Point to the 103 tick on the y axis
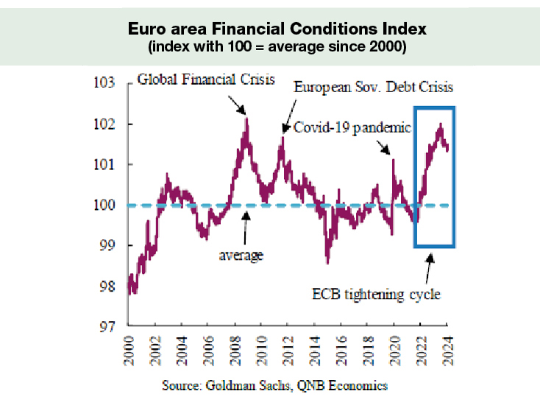point(105,83)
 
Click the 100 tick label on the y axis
point(105,205)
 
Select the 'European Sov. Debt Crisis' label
point(374,87)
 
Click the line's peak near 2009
point(246,118)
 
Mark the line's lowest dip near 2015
point(327,261)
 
